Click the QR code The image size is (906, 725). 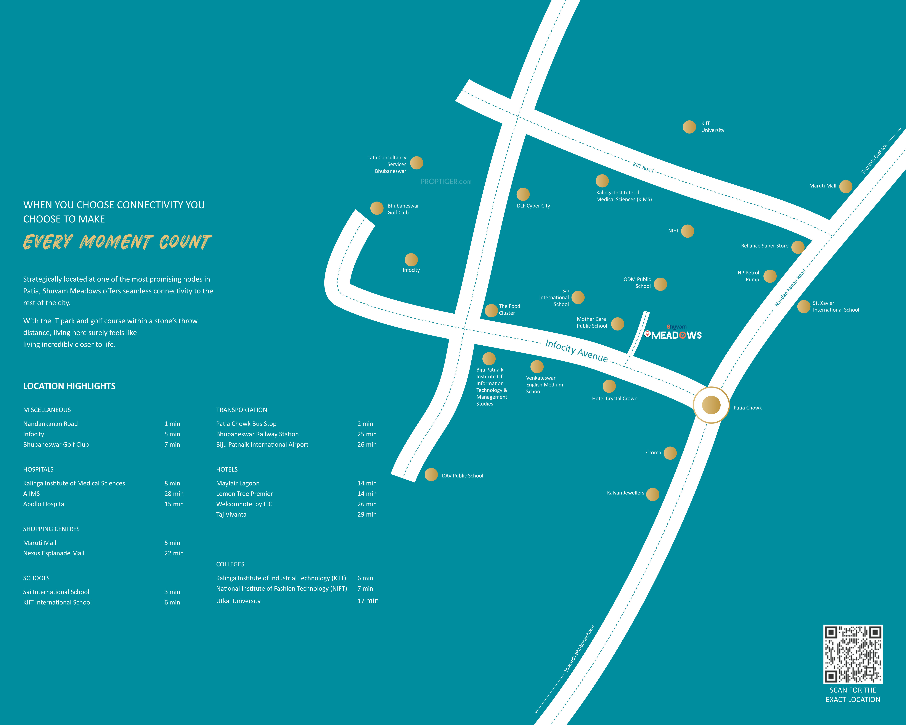pyautogui.click(x=853, y=654)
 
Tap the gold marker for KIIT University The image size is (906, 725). pyautogui.click(x=689, y=127)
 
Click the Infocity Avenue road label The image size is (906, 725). pyautogui.click(x=577, y=351)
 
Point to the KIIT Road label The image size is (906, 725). pyautogui.click(x=643, y=167)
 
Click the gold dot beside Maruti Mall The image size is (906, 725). pyautogui.click(x=845, y=186)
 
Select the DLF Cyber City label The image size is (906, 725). pyautogui.click(x=533, y=206)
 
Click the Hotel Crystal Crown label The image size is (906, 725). pyautogui.click(x=614, y=398)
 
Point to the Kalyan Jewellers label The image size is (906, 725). pyautogui.click(x=625, y=493)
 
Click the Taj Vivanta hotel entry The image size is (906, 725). pyautogui.click(x=231, y=514)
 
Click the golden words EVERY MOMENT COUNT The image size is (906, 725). pyautogui.click(x=117, y=242)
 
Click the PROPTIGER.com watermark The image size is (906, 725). pyautogui.click(x=446, y=182)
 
